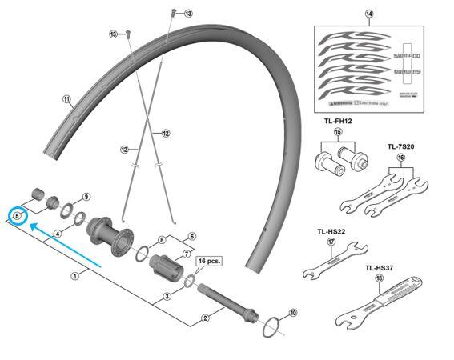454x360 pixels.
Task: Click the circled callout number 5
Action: [17, 215]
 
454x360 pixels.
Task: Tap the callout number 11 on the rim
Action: [66, 100]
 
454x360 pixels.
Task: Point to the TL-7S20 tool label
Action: [401, 146]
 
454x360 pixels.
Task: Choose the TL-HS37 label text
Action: [381, 268]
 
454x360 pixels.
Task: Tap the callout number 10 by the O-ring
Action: [292, 313]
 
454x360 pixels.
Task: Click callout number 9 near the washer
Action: [86, 196]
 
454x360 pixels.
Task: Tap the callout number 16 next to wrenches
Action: [401, 158]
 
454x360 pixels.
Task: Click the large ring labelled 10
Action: [273, 324]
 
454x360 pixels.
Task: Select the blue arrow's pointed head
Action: [30, 226]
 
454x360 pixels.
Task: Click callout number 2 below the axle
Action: [205, 318]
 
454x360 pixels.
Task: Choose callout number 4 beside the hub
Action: [58, 234]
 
